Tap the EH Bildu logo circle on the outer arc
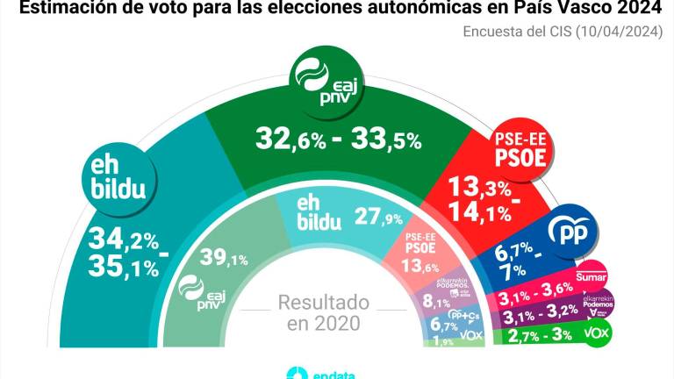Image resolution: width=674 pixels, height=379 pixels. (118, 180)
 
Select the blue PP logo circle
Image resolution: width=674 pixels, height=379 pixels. (571, 232)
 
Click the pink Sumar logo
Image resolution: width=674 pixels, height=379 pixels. (586, 278)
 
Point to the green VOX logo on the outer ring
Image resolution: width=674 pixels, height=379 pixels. (597, 333)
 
